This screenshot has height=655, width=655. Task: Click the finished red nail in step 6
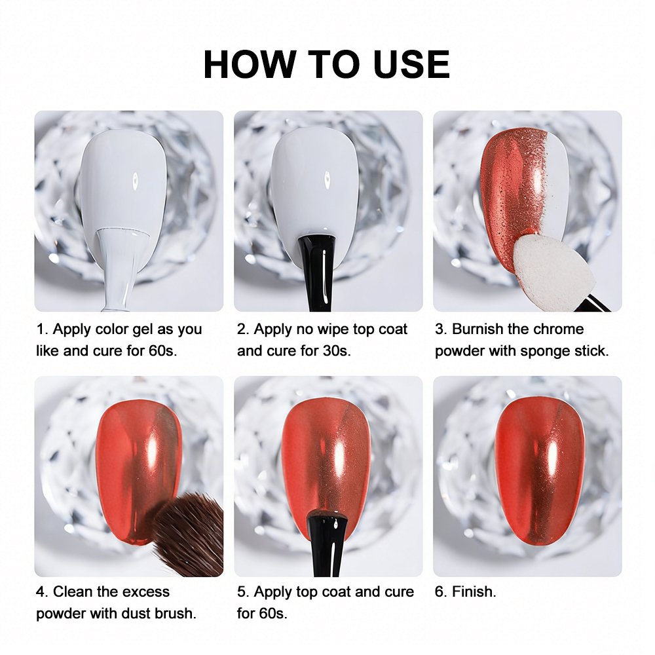(539, 470)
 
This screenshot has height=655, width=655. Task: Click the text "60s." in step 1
(163, 351)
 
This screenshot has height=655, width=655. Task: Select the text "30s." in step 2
(337, 351)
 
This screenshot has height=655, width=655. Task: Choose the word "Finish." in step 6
(474, 591)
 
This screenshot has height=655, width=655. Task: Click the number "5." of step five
(243, 591)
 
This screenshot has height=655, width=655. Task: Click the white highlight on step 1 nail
(136, 181)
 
